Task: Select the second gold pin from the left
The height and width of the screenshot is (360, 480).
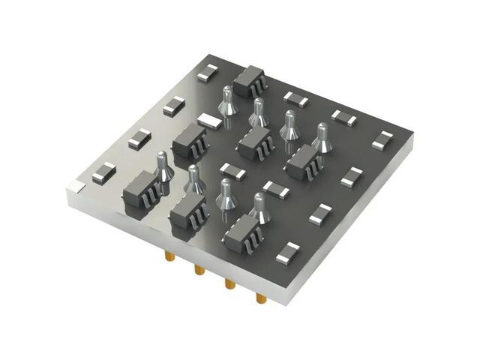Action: point(199,268)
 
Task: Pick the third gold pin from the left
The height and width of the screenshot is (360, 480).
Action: point(229,283)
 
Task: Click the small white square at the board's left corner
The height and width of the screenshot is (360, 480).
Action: point(76,184)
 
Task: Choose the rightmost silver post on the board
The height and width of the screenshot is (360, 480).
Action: point(322,138)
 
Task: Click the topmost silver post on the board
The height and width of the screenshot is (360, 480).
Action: point(228,101)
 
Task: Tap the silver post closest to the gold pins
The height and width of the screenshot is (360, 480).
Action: point(259,208)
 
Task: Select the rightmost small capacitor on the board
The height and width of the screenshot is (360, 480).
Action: point(382,140)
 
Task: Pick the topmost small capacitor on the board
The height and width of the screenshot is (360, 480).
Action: point(208,73)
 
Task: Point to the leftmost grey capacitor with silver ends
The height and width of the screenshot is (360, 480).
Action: point(103,173)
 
